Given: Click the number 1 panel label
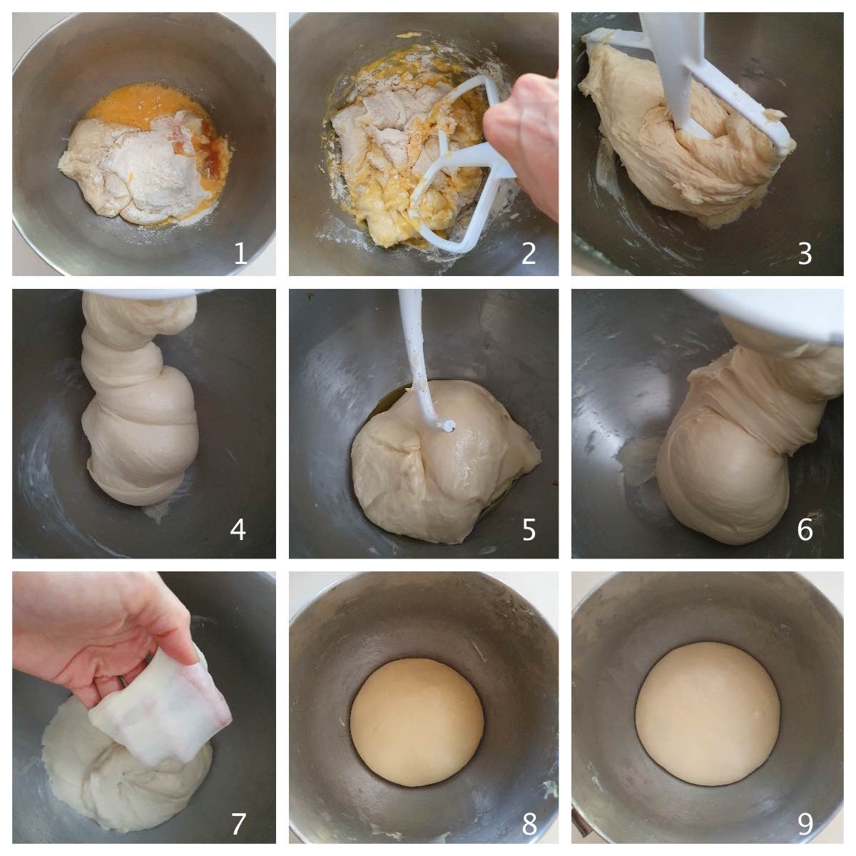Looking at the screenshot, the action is pyautogui.click(x=240, y=253).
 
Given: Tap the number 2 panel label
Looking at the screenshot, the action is pyautogui.click(x=528, y=253).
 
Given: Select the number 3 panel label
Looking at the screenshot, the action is pyautogui.click(x=805, y=254).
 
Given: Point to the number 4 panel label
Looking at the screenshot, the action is pyautogui.click(x=238, y=530).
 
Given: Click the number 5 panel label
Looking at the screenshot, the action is pyautogui.click(x=529, y=530).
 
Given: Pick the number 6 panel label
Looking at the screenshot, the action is pyautogui.click(x=805, y=530).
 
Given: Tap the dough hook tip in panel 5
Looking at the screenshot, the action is pyautogui.click(x=447, y=426).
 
